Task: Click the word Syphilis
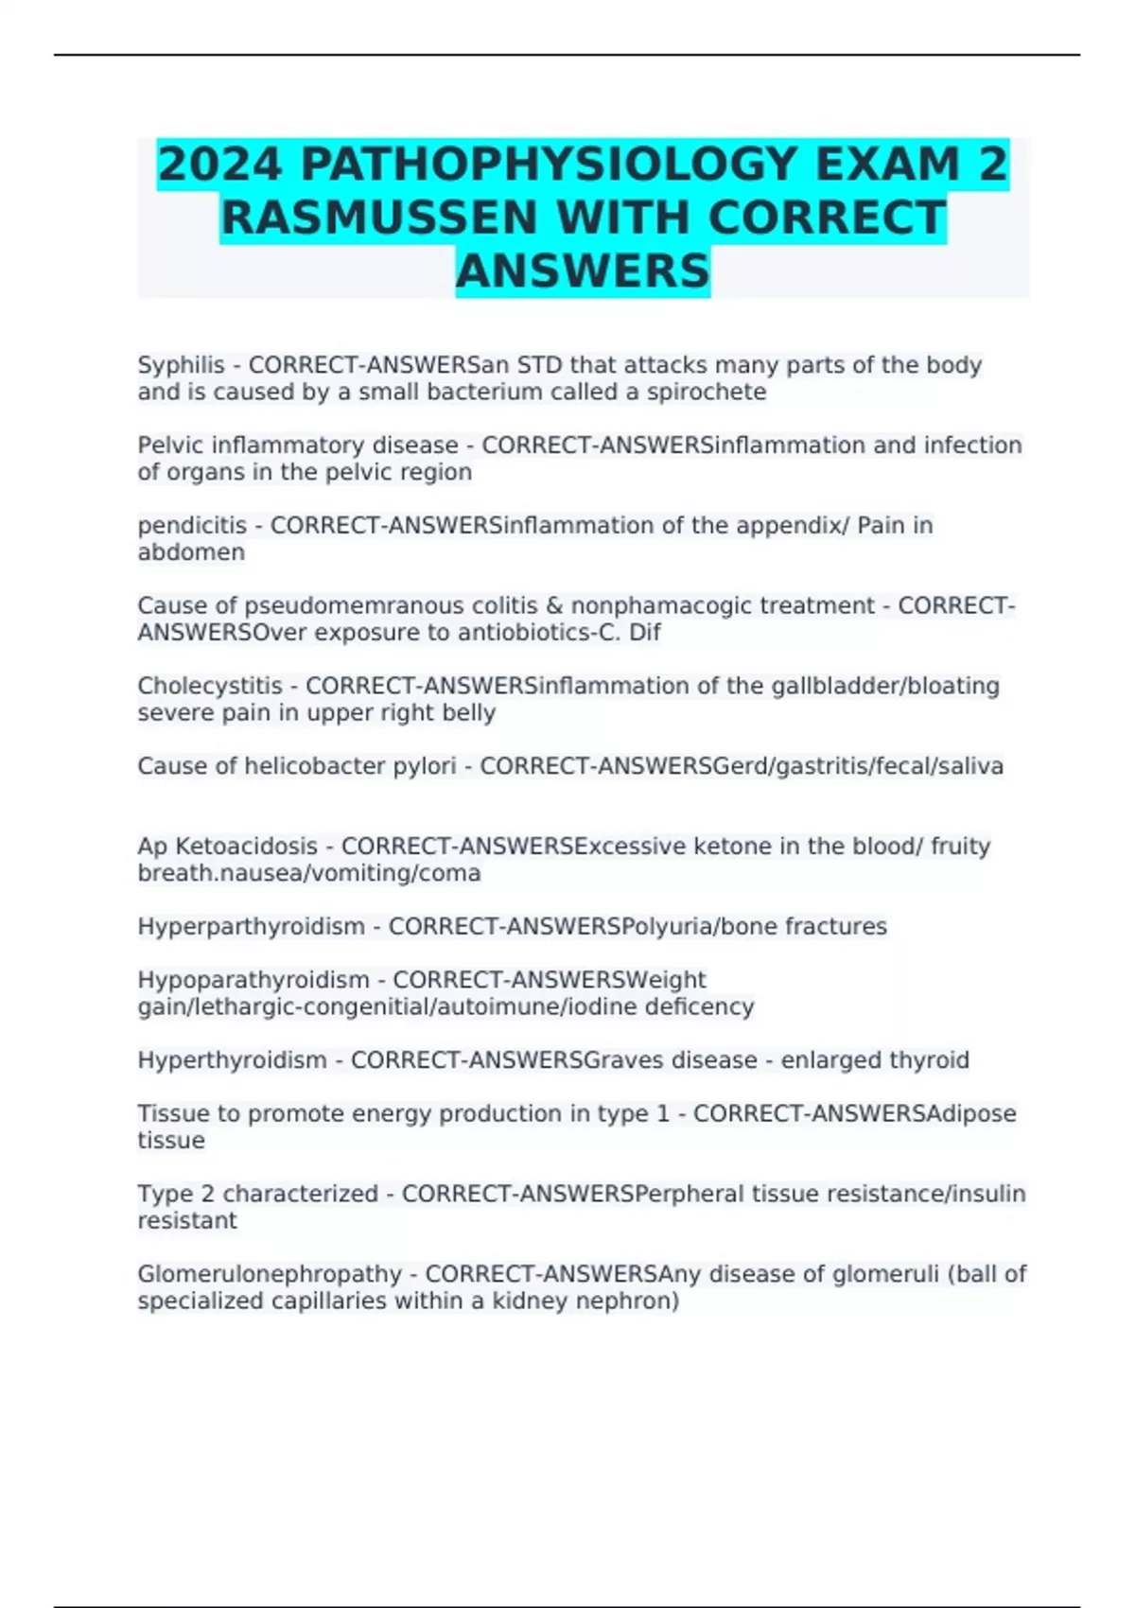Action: [x=181, y=365]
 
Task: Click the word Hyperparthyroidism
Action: [x=251, y=926]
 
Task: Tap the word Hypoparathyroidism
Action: [x=253, y=979]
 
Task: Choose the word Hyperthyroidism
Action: [x=232, y=1059]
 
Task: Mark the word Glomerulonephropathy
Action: [x=270, y=1274]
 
